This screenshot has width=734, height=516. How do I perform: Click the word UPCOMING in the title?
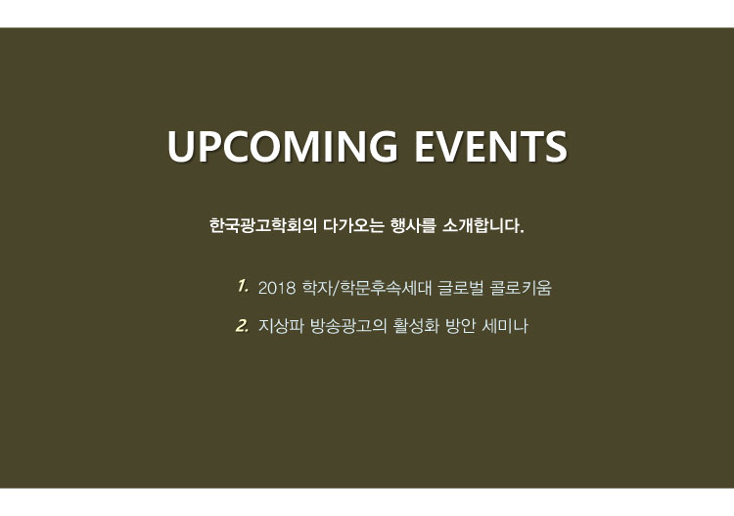(282, 146)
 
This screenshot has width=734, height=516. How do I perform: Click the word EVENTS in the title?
(490, 146)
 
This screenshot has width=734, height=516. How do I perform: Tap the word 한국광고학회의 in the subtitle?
(263, 226)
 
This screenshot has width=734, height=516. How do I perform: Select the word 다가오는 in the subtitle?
(353, 226)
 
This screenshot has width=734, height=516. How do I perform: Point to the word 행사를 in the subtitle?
(413, 226)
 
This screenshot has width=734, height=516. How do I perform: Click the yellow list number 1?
(242, 286)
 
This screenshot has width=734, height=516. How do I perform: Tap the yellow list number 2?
(242, 325)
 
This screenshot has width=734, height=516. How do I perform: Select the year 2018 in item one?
(277, 288)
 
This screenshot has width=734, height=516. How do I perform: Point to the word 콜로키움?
(521, 288)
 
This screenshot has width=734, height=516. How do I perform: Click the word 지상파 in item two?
(281, 326)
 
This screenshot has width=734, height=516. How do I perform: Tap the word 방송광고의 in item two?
(348, 326)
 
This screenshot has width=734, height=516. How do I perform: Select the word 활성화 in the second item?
(416, 326)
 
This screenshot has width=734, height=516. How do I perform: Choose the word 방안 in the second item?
(460, 326)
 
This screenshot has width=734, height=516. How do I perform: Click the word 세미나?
(505, 326)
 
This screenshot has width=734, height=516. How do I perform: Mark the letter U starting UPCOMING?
(181, 146)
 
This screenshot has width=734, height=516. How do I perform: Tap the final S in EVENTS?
(555, 146)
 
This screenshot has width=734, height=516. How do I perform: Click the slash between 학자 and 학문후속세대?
(335, 288)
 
